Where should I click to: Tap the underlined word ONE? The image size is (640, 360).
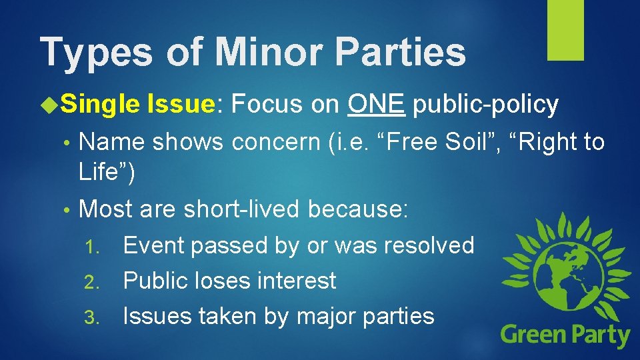[x=376, y=104]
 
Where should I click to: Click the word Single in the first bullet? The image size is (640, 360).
[x=100, y=105]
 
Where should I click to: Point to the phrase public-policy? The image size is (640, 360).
[x=485, y=105]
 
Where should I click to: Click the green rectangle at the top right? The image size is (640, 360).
[x=565, y=30]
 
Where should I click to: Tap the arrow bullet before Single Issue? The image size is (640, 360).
[x=49, y=105]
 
